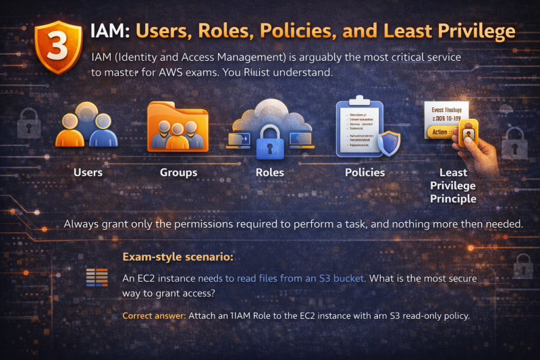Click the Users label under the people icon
point(88,172)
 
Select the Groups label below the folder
point(178,172)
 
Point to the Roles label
point(270,172)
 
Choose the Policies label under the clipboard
point(364,172)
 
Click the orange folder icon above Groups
point(179,125)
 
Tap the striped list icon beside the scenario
point(97,278)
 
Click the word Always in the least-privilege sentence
point(82,223)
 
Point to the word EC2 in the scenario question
point(151,278)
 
